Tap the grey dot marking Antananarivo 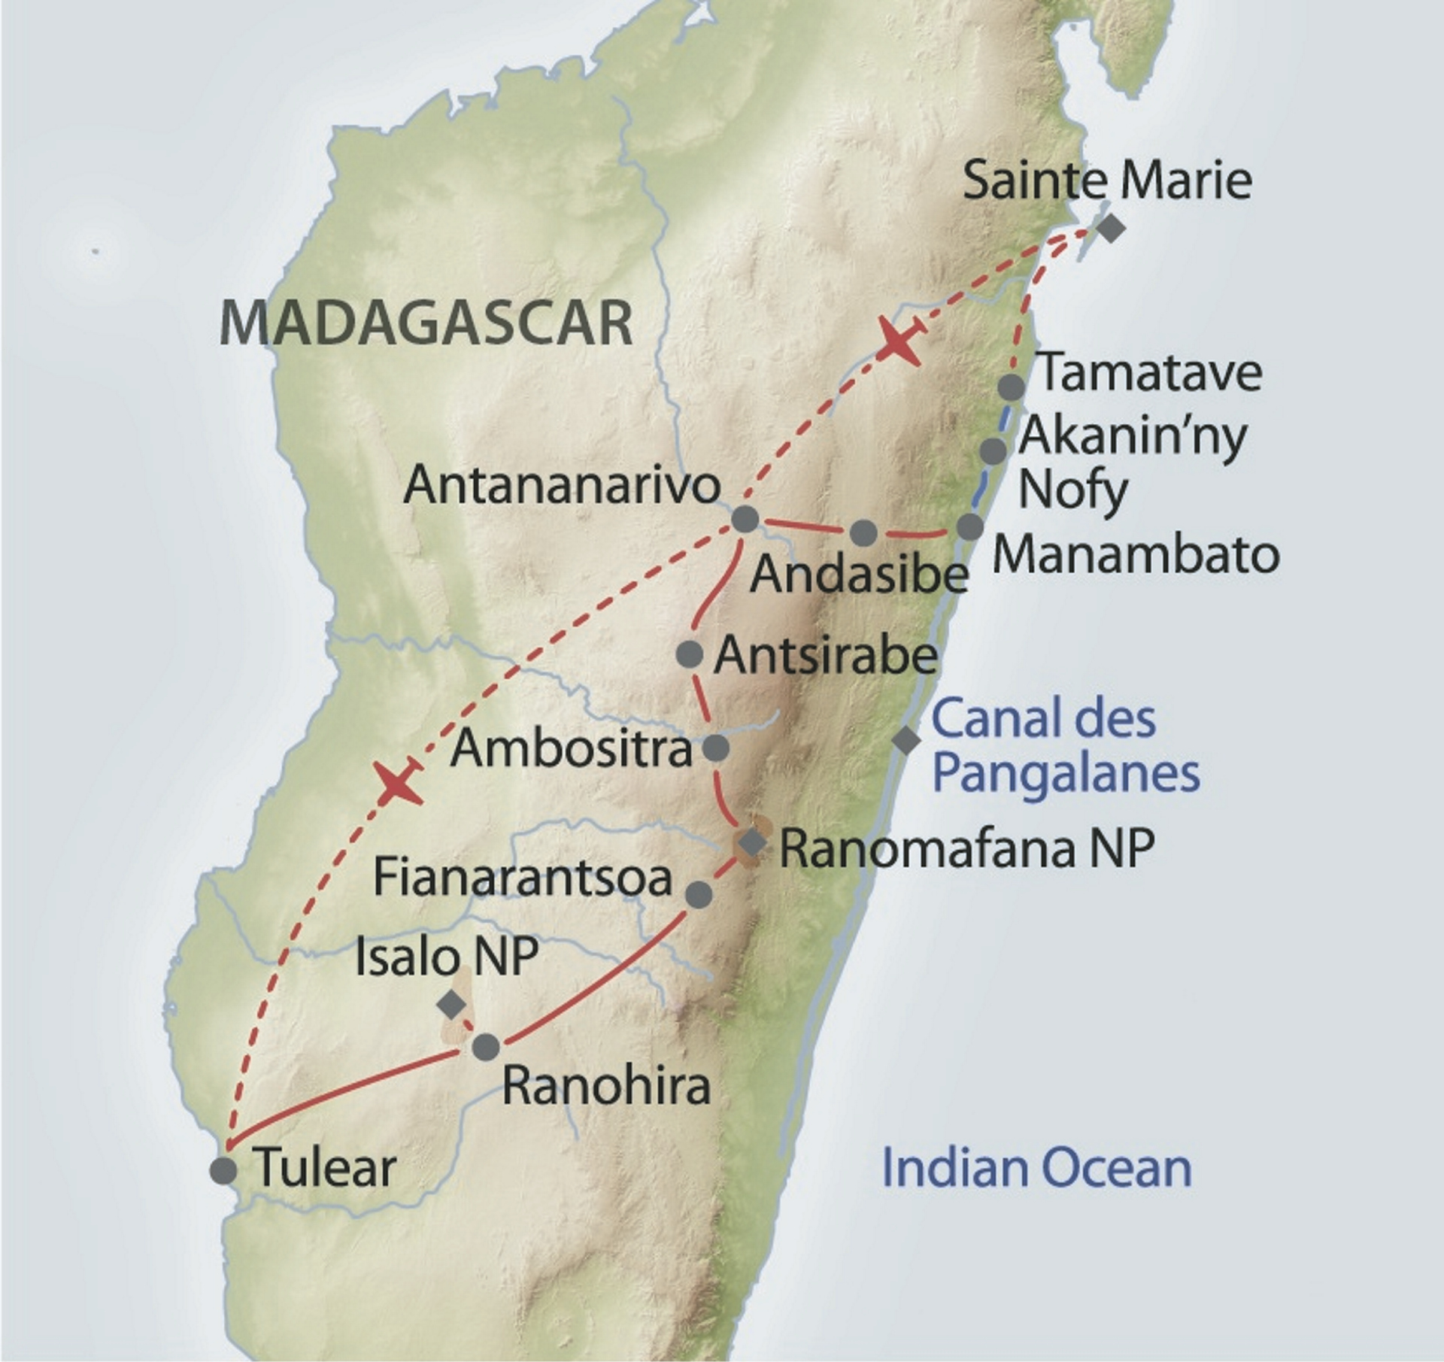point(745,519)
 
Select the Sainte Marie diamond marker point(1111,228)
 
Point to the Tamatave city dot point(1012,387)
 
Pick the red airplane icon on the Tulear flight point(399,782)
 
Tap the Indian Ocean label point(1036,1167)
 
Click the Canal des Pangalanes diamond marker point(906,739)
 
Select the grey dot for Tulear point(223,1171)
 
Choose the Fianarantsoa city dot point(699,893)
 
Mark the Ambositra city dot point(717,748)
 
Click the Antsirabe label point(825,656)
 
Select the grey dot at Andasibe point(863,533)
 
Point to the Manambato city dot point(970,526)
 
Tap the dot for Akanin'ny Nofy point(994,451)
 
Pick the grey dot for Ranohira point(486,1046)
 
